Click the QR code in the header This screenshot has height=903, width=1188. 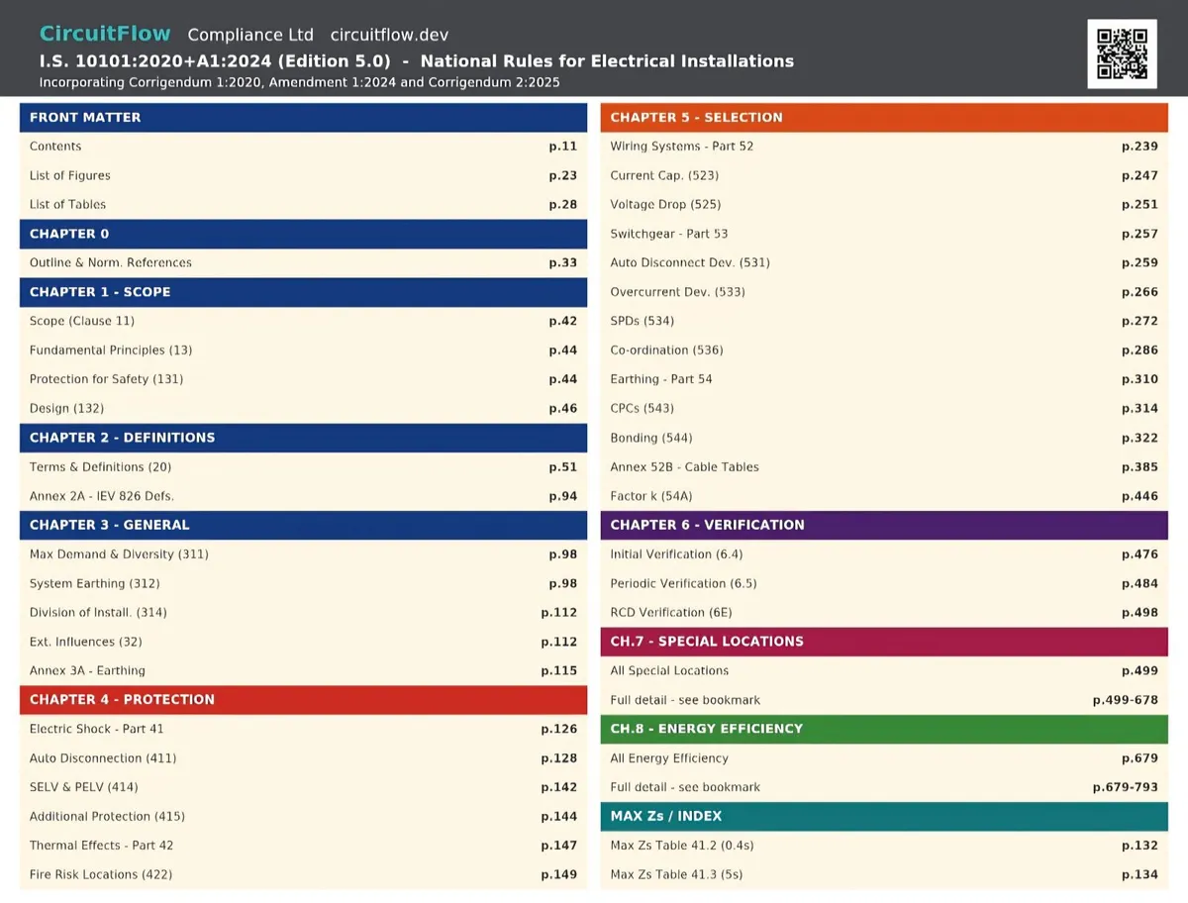click(x=1122, y=53)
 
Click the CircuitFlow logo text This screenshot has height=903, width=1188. click(x=105, y=34)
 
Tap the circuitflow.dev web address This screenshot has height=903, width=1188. click(x=389, y=35)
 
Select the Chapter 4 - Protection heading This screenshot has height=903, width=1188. click(x=123, y=699)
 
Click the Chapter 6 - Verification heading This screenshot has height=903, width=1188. click(x=708, y=524)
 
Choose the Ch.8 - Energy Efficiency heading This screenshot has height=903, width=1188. click(x=706, y=729)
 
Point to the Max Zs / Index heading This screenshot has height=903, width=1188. click(x=665, y=815)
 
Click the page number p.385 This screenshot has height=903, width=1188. click(x=1139, y=467)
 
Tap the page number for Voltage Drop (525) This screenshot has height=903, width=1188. click(x=1139, y=205)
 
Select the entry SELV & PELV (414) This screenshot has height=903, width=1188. click(x=84, y=787)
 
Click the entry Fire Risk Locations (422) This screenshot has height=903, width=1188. click(x=101, y=874)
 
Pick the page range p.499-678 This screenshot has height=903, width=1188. click(x=1126, y=700)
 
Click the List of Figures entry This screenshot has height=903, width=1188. click(x=70, y=175)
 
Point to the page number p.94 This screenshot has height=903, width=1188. click(x=563, y=496)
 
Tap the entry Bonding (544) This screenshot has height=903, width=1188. click(x=651, y=438)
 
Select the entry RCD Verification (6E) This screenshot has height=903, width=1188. click(x=671, y=612)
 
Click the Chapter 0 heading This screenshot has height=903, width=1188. click(x=69, y=234)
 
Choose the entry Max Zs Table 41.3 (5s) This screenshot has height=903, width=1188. click(x=676, y=874)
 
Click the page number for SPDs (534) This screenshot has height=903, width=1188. click(x=1139, y=321)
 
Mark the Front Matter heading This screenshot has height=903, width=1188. click(x=85, y=118)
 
